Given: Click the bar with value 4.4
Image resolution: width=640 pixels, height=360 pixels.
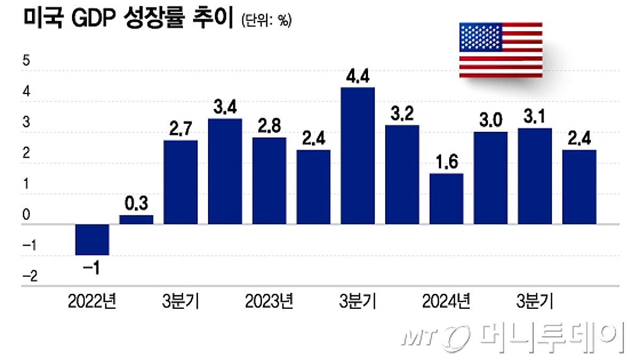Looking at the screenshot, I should click(358, 156).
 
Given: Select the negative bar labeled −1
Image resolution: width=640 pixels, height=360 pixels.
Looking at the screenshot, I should click(92, 239).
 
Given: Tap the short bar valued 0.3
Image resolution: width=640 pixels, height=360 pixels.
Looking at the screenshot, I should click(136, 220).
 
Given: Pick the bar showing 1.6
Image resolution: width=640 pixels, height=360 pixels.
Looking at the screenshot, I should click(446, 198).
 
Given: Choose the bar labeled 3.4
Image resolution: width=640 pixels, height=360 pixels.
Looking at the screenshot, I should click(225, 171).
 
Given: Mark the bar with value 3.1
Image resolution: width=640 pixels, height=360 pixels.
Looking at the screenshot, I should click(535, 176).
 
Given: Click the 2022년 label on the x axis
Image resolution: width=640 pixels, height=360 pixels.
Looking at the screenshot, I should click(92, 301).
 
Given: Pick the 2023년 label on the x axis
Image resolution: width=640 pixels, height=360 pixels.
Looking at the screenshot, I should click(269, 301).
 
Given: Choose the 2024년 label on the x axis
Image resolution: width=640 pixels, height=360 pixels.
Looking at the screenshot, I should click(446, 301).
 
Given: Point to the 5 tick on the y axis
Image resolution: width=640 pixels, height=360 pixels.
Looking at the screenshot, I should click(26, 61).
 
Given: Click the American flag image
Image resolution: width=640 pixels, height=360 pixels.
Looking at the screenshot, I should click(501, 50).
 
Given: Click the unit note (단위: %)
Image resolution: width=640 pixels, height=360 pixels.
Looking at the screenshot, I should click(266, 22).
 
